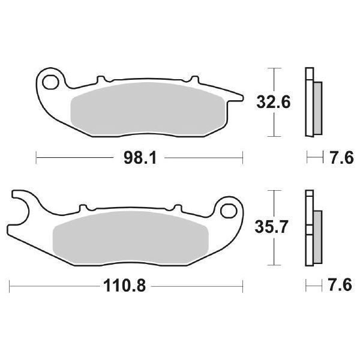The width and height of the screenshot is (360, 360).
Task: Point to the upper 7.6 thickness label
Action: coord(340,159)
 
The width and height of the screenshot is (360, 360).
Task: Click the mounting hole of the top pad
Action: coord(51,81)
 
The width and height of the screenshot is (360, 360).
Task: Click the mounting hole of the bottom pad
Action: coord(229,211)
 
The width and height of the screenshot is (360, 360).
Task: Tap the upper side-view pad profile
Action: coord(312,103)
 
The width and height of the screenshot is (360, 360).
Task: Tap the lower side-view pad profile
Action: coord(312,227)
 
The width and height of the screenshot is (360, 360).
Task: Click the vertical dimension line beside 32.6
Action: coord(274,103)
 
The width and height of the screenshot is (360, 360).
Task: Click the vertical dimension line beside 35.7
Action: coord(274,227)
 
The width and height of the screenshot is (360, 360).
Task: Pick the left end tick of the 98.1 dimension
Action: coord(37,159)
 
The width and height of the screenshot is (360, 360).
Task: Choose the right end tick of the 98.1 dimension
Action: coord(243,159)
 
